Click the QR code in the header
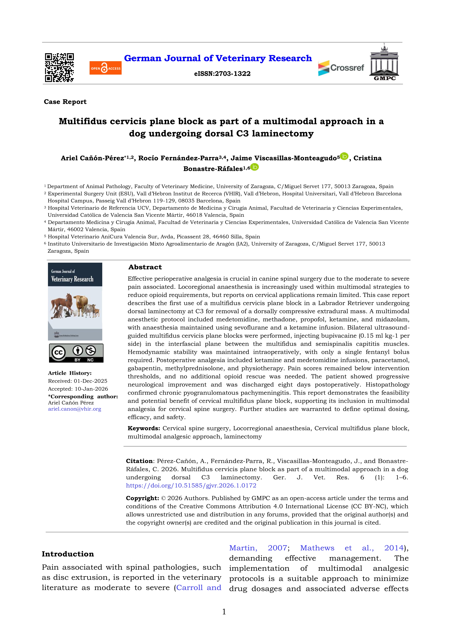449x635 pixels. (59, 68)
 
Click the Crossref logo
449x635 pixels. (341, 68)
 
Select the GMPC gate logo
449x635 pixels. (384, 62)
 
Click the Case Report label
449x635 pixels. (65, 102)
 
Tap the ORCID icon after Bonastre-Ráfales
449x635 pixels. (255, 167)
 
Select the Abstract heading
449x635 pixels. (145, 267)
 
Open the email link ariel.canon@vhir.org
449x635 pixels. (75, 409)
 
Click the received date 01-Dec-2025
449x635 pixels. (90, 381)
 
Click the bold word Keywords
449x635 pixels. (144, 428)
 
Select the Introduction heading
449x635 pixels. (68, 554)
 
